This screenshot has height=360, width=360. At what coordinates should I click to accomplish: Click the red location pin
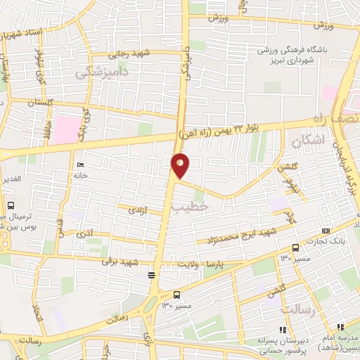pos(181,165)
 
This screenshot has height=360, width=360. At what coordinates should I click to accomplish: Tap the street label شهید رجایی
pos(129,54)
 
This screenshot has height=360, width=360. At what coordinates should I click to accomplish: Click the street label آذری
pos(84,231)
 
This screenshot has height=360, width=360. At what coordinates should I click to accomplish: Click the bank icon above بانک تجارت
pos(325,231)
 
